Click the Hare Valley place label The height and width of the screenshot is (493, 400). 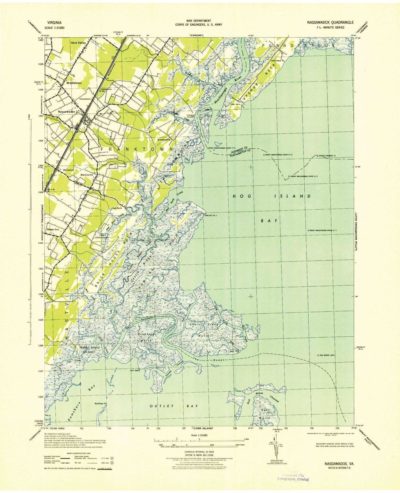[x=78, y=43]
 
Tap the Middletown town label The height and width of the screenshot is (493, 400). [x=74, y=83]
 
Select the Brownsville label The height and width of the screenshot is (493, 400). [x=164, y=140]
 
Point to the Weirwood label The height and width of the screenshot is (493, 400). [x=68, y=170]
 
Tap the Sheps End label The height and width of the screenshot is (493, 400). [x=53, y=230]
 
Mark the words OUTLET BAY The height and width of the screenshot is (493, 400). [x=174, y=406]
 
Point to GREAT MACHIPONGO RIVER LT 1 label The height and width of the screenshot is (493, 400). [x=327, y=230]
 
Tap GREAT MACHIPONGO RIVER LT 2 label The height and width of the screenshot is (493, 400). [x=303, y=176]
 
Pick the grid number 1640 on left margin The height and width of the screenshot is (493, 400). [x=41, y=40]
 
